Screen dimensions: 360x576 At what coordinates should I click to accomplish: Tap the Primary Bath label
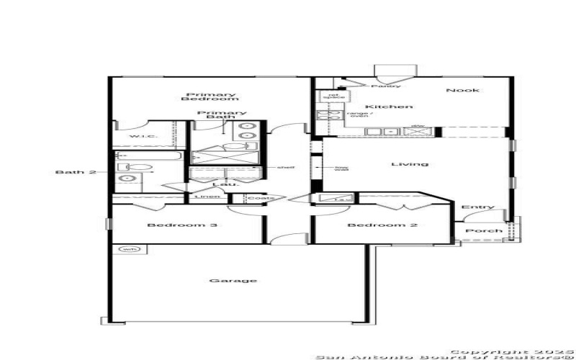[x=222, y=116]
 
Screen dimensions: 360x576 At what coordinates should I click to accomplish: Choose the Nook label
[x=462, y=90]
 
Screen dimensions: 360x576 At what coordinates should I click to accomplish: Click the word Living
[x=409, y=164]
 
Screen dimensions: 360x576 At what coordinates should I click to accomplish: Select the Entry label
[x=478, y=207]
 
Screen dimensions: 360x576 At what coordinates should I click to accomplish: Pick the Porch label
[x=480, y=231]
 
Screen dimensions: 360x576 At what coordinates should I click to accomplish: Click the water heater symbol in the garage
[x=129, y=249]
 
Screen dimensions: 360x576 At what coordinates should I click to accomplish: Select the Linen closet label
[x=204, y=197]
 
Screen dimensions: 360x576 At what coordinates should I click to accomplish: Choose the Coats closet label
[x=257, y=197]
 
